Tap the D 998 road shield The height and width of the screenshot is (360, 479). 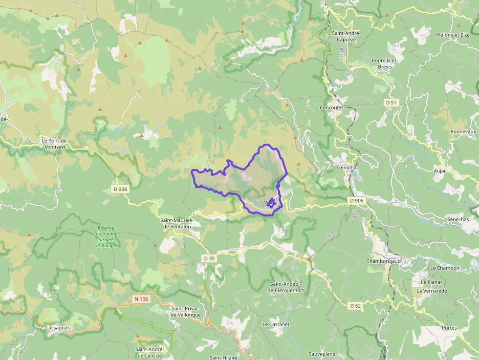click(x=120, y=189)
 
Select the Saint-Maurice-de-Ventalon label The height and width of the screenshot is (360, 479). click(x=177, y=223)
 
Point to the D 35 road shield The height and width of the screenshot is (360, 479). click(x=209, y=258)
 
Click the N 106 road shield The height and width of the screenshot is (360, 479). click(x=141, y=298)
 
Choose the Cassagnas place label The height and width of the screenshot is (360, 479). click(x=57, y=328)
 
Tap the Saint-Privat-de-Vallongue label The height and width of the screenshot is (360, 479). click(x=186, y=312)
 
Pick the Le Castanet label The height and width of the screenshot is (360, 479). click(x=276, y=324)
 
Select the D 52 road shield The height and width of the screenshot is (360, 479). click(x=355, y=305)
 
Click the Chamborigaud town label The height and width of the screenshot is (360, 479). click(x=384, y=261)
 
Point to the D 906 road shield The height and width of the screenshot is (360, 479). click(x=357, y=201)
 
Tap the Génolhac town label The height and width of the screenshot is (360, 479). click(x=345, y=167)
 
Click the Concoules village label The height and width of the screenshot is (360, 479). click(x=331, y=107)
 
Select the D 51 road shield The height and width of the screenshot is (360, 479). click(x=391, y=103)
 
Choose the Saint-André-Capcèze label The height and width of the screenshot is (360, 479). click(x=346, y=36)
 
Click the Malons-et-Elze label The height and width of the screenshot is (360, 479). click(x=453, y=35)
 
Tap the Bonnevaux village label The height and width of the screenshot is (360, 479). click(x=463, y=132)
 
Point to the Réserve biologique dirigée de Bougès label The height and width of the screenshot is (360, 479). click(x=106, y=236)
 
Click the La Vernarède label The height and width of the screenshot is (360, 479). click(x=432, y=291)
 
